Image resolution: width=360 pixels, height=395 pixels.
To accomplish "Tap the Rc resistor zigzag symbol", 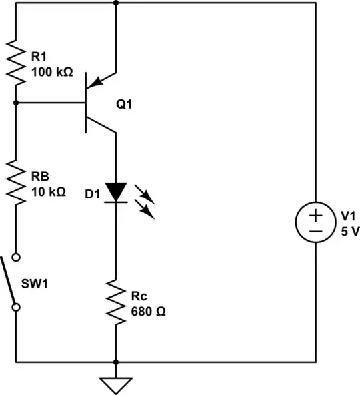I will click(116, 304).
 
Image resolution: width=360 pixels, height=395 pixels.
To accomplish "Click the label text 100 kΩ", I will click(50, 69).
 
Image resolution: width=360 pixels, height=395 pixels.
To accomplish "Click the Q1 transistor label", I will click(125, 104).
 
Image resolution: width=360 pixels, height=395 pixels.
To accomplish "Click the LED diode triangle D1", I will click(116, 192).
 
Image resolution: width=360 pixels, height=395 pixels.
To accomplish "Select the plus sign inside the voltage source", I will click(316, 215).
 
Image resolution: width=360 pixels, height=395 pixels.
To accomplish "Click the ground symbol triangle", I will click(116, 384).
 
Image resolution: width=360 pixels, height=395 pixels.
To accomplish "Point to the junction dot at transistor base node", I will click(15, 103).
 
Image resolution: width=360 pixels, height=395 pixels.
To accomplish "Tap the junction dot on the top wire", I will click(116, 3).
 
